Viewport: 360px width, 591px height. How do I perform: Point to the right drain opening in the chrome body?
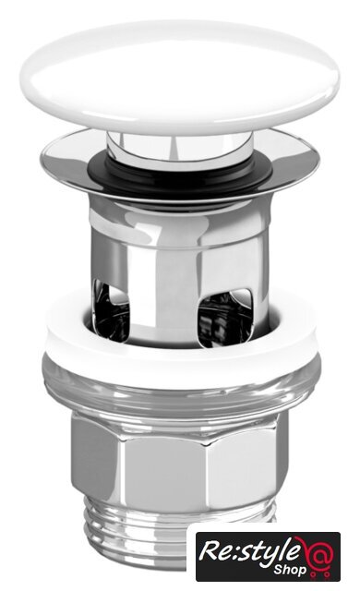coord(224,318)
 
